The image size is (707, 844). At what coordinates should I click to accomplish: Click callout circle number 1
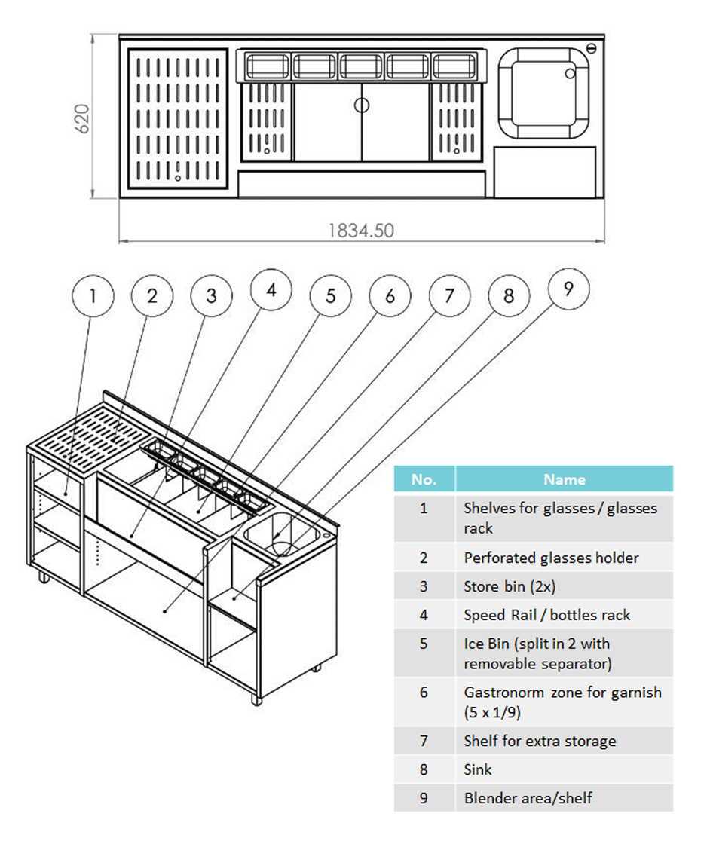pyautogui.click(x=93, y=295)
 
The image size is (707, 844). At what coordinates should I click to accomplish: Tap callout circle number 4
pyautogui.click(x=271, y=289)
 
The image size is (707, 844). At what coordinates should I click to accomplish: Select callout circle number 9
pyautogui.click(x=568, y=289)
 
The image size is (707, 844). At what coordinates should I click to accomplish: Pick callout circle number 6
pyautogui.click(x=390, y=295)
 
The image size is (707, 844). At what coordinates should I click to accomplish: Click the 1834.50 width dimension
pyautogui.click(x=361, y=231)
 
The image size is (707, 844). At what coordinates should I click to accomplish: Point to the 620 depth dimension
pyautogui.click(x=82, y=118)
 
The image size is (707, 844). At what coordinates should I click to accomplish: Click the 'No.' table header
pyautogui.click(x=424, y=479)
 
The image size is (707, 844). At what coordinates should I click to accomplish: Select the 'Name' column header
pyautogui.click(x=565, y=479)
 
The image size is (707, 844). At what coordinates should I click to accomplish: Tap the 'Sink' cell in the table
pyautogui.click(x=478, y=769)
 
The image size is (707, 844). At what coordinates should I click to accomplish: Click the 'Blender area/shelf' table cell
pyautogui.click(x=528, y=798)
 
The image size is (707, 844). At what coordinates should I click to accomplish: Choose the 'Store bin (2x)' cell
pyautogui.click(x=510, y=586)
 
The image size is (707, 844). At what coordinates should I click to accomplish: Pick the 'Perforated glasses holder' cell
pyautogui.click(x=551, y=558)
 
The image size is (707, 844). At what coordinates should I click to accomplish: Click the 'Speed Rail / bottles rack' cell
pyautogui.click(x=546, y=615)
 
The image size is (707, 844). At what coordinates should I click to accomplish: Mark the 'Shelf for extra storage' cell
pyautogui.click(x=540, y=741)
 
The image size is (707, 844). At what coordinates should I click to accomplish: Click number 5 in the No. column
pyautogui.click(x=424, y=644)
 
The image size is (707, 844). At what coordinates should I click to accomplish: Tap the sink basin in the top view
pyautogui.click(x=543, y=93)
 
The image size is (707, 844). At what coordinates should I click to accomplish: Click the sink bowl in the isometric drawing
pyautogui.click(x=282, y=534)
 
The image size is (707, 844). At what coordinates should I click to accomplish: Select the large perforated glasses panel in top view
pyautogui.click(x=178, y=119)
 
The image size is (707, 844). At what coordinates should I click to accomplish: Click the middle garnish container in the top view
pyautogui.click(x=361, y=66)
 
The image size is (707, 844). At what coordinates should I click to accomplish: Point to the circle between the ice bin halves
pyautogui.click(x=362, y=105)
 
